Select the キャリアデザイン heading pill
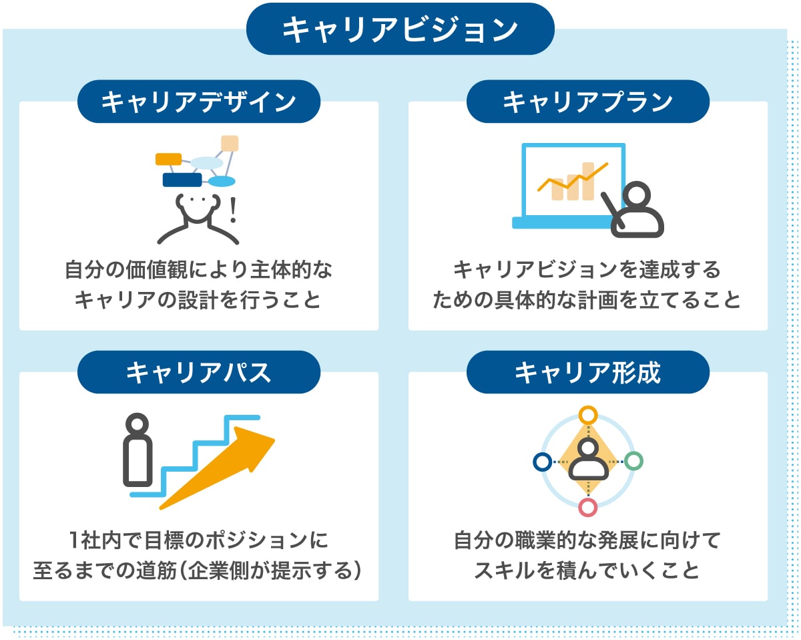(199, 102)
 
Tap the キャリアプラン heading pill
(587, 102)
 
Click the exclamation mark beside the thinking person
(232, 210)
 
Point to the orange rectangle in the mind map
(168, 159)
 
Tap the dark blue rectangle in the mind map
(182, 180)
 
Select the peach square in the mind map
(230, 144)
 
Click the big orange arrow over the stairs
(227, 468)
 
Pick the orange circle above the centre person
(587, 415)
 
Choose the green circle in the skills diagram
(633, 461)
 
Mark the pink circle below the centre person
(587, 507)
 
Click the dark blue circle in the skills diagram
(542, 461)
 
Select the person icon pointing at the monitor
(637, 210)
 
